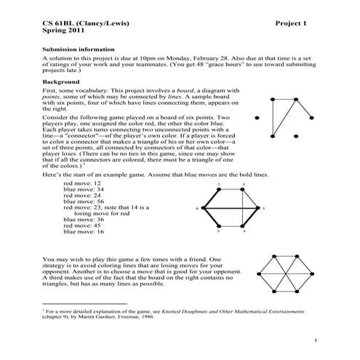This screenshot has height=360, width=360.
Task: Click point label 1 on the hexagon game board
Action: tap(219, 185)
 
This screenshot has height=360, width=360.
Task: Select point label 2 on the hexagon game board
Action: tap(243, 185)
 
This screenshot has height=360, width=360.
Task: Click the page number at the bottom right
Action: tap(314, 340)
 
